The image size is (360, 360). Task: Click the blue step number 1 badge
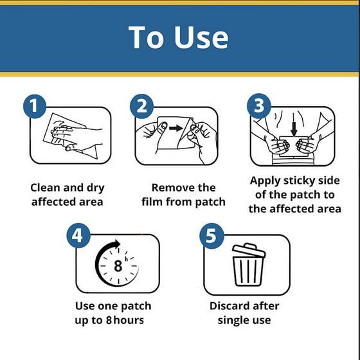[x=35, y=106]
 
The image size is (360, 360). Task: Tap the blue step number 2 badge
[x=141, y=106]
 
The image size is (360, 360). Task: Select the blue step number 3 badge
[x=258, y=105]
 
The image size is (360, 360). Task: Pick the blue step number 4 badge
[x=78, y=236]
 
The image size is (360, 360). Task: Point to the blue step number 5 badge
[x=212, y=236]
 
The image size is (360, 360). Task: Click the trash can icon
[x=248, y=264]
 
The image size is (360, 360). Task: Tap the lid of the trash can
[x=249, y=250]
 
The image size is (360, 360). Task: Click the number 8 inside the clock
[x=118, y=266]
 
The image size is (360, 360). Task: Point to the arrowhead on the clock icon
[x=117, y=244]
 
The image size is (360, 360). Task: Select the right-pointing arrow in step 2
[x=176, y=128]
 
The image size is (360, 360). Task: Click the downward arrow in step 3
[x=294, y=129]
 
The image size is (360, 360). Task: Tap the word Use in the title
[x=201, y=37]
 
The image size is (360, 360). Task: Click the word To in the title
[x=147, y=37]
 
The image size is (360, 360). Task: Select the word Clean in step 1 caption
[x=46, y=188]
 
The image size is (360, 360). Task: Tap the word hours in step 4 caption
[x=129, y=320]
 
